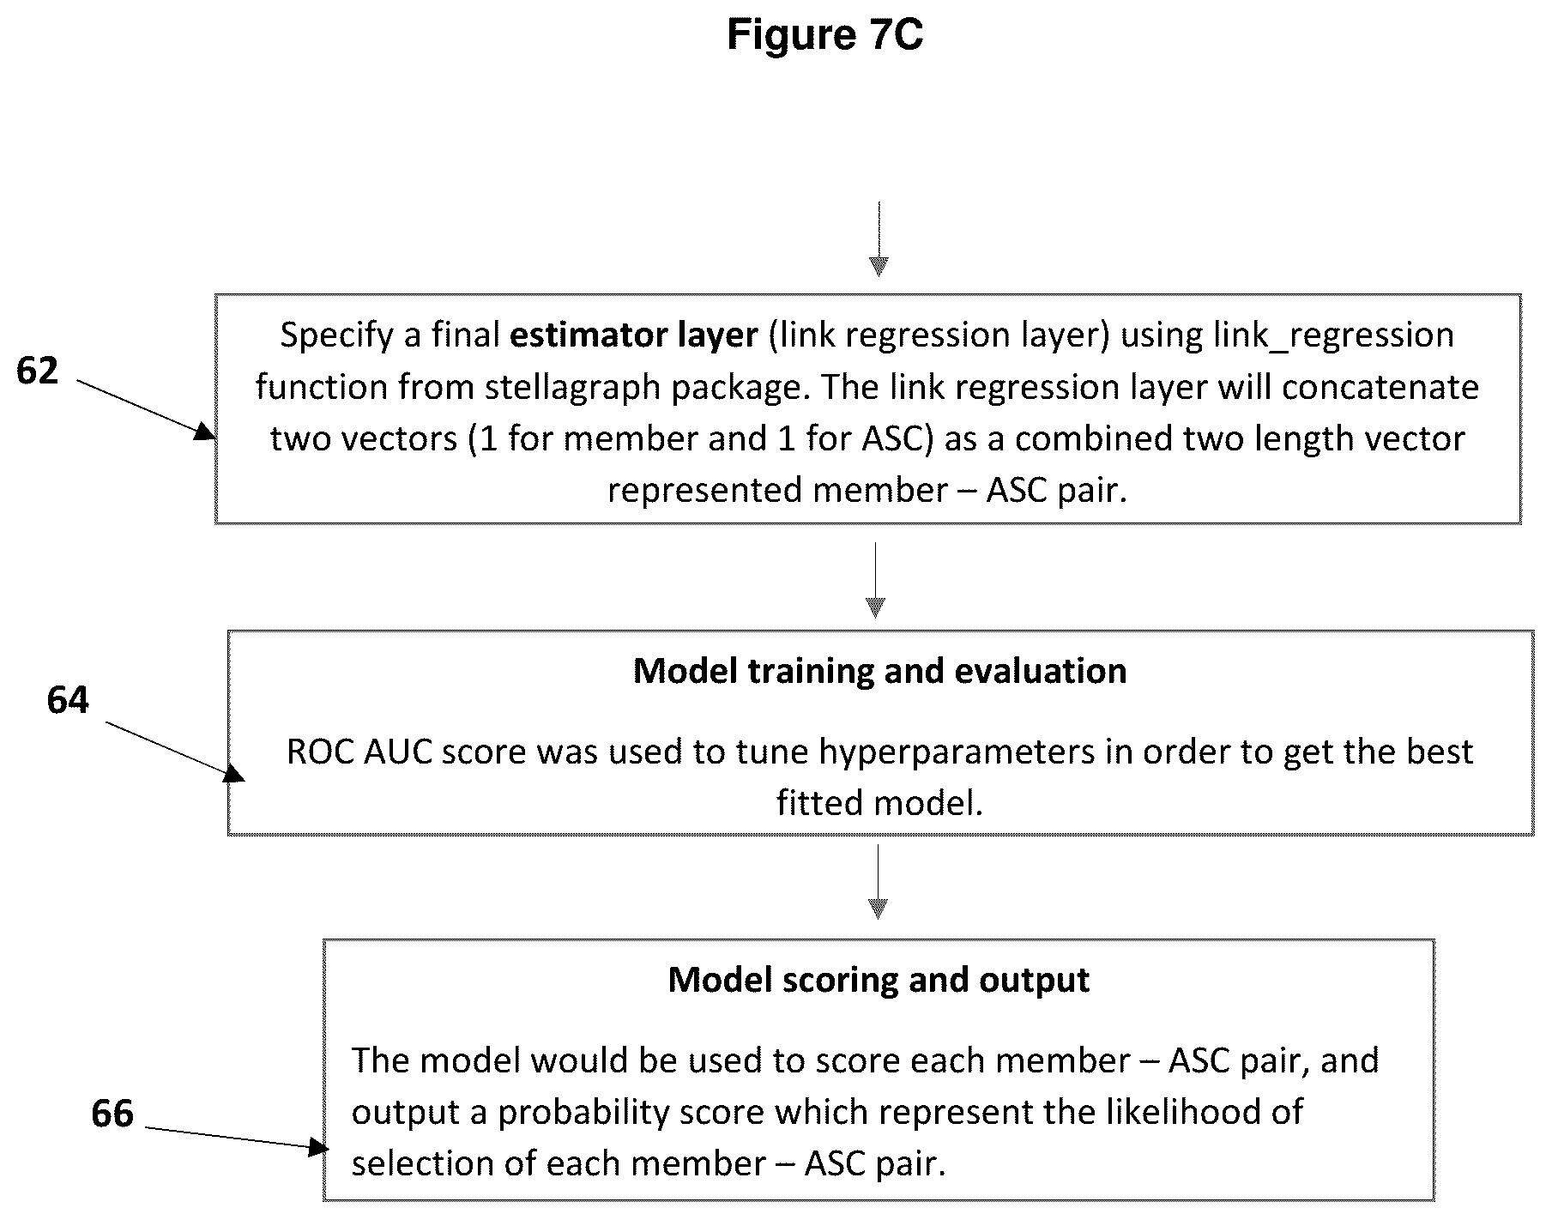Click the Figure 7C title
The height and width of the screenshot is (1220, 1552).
tap(824, 35)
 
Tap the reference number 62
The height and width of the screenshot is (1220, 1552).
tap(38, 371)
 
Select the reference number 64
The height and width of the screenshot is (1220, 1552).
tap(68, 700)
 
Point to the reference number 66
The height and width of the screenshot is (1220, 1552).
tap(112, 1114)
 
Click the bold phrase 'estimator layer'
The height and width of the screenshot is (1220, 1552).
tap(634, 335)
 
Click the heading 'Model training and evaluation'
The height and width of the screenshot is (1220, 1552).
tap(879, 671)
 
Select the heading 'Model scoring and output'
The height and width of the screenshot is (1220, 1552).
tap(879, 980)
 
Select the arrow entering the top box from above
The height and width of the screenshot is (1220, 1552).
tap(879, 239)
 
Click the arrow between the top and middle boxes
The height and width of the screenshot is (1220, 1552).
tap(875, 580)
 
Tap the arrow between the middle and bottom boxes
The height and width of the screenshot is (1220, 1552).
tap(878, 882)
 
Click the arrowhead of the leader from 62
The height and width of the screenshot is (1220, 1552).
tap(206, 432)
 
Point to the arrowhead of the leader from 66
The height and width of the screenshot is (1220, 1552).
tap(318, 1146)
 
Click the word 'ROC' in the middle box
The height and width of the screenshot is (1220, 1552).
tap(320, 752)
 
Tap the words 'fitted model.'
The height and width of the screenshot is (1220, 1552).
tap(879, 803)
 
